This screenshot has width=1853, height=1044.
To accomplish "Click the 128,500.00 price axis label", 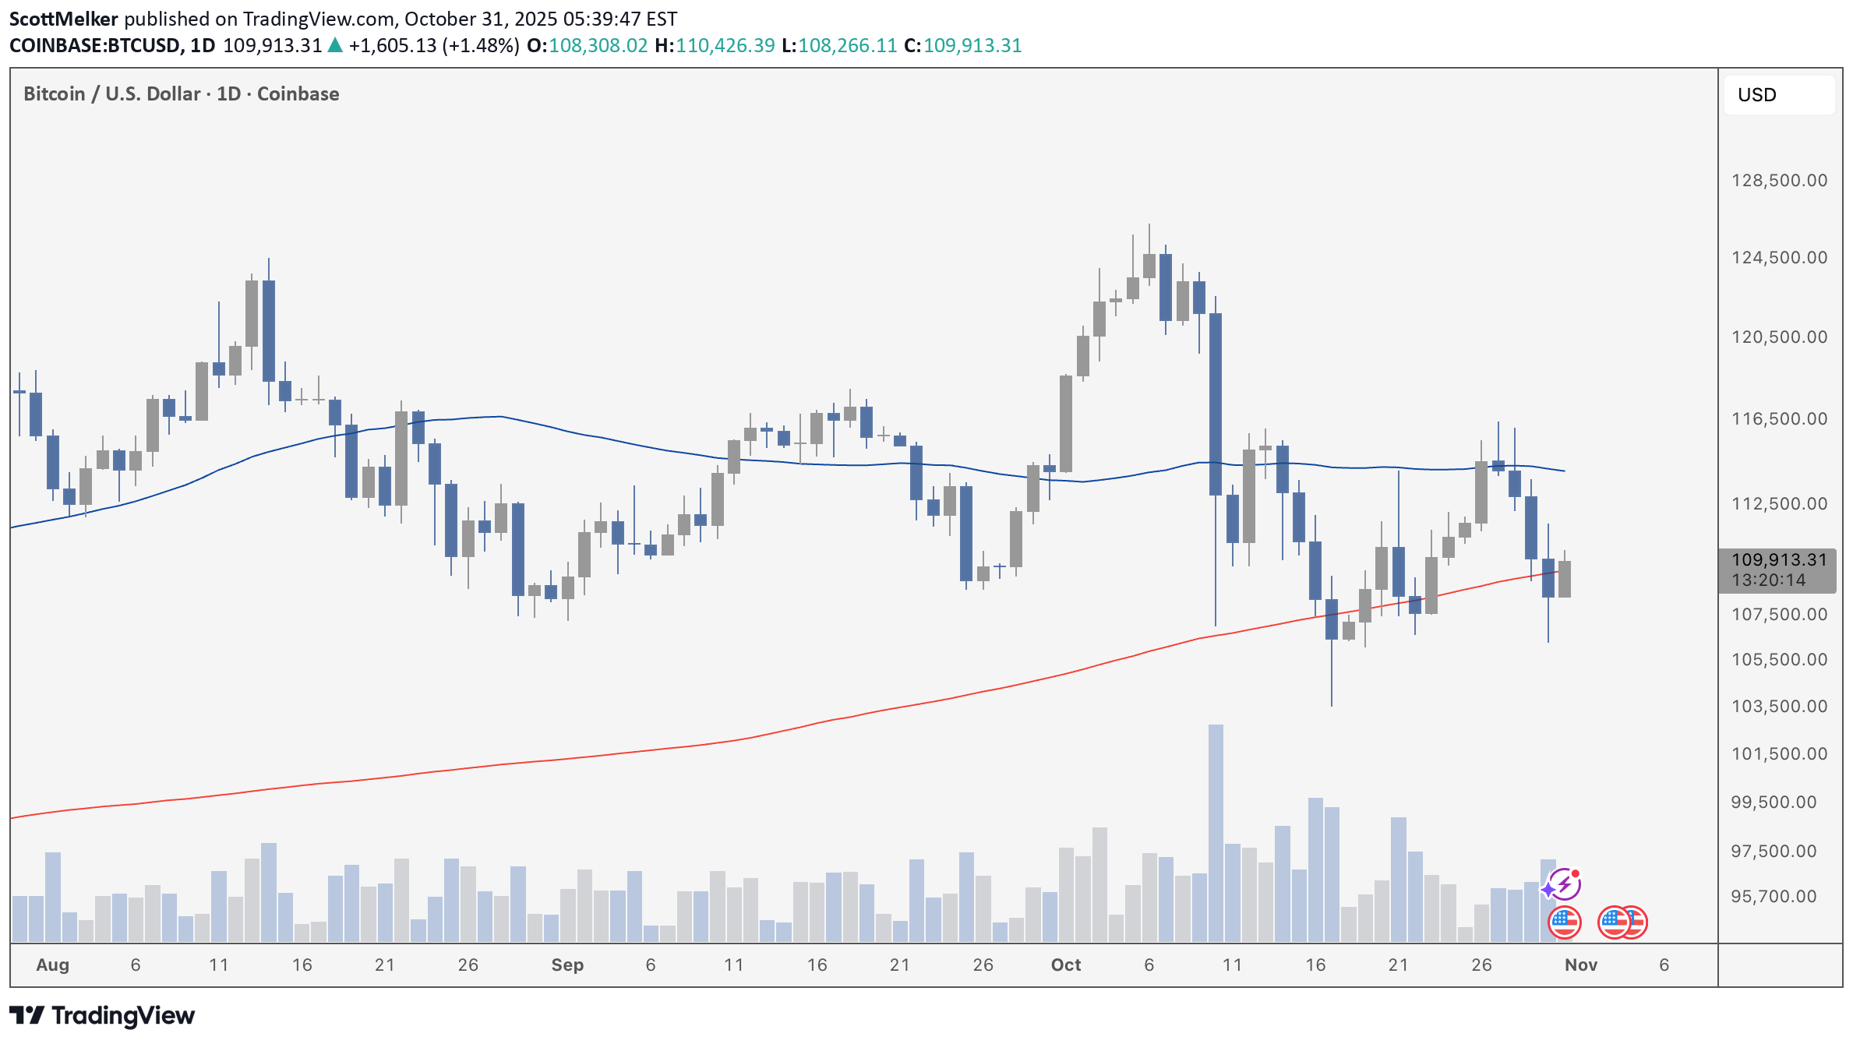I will pos(1778,181).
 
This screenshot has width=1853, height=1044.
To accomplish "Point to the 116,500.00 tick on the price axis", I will pos(1778,419).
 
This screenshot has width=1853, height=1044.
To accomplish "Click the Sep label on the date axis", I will pos(567,965).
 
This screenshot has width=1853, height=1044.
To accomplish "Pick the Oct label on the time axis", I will pos(1066,965).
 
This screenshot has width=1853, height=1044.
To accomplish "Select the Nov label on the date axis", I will pos(1581,965).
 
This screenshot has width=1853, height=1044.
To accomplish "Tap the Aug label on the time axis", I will pos(53,965).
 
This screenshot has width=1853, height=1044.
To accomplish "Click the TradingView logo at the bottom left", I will pos(102,1016).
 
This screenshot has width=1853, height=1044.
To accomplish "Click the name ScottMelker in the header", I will pos(64,19).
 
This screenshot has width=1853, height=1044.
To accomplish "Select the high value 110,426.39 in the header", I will pos(725,46).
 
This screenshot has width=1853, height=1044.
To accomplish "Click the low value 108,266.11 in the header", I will pos(847,46).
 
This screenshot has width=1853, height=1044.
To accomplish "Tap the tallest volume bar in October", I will pos(1216,834).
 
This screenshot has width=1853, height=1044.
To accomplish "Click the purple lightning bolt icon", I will pos(1564,885).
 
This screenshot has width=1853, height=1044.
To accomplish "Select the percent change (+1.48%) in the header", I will pos(481,46).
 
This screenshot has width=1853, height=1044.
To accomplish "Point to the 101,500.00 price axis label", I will pos(1778,754).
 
